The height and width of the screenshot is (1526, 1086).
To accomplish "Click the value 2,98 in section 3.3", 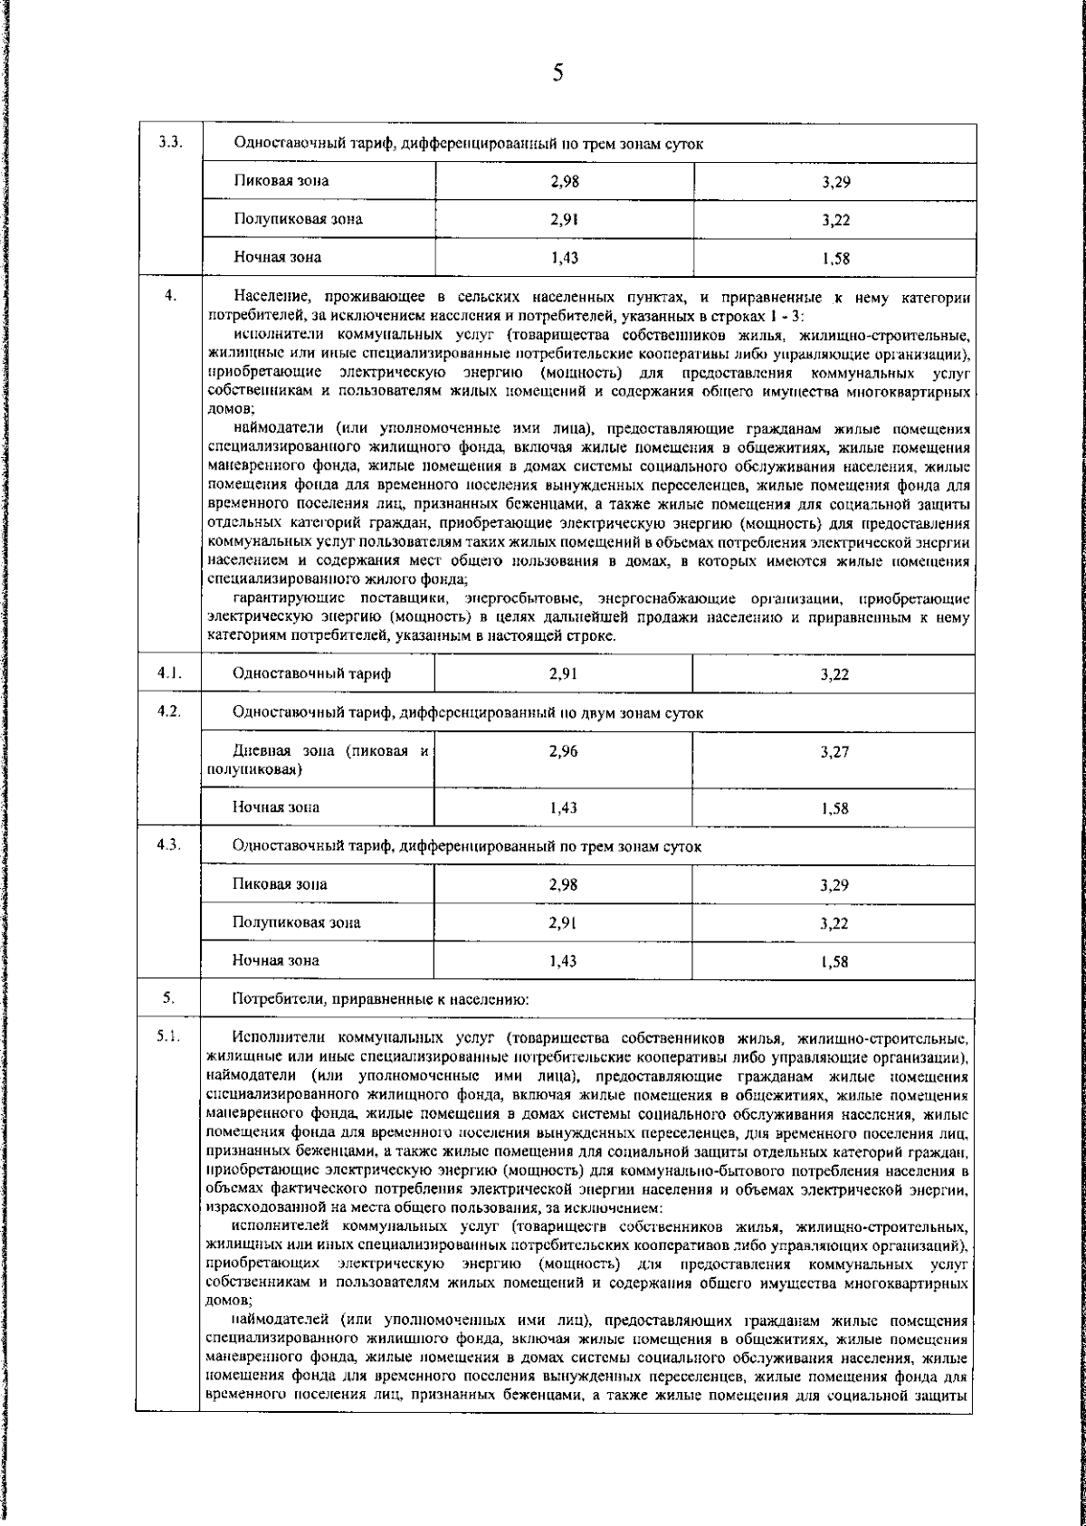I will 564,182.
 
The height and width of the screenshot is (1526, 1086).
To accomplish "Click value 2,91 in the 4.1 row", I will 564,673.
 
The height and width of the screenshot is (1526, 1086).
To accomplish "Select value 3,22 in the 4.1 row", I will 834,674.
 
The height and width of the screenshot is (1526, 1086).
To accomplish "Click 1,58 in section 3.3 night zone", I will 835,259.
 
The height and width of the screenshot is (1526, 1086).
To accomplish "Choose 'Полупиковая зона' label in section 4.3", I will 296,922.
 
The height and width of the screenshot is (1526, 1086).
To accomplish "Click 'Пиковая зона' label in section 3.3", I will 281,181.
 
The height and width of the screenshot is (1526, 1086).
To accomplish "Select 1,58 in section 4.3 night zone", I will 835,962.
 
